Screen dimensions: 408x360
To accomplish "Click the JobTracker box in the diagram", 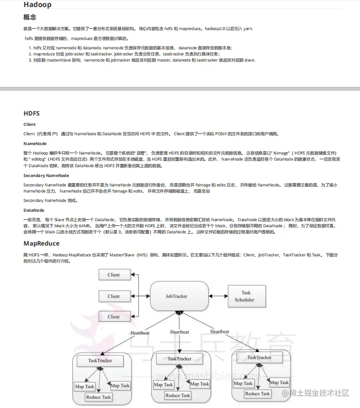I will [176, 296].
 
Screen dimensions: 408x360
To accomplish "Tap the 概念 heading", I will [30, 17].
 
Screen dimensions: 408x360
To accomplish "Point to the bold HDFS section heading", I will [31, 114].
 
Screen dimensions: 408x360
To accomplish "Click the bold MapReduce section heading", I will [41, 244].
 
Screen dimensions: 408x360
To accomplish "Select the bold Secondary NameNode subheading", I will [46, 175].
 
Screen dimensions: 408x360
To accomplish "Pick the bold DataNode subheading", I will [34, 210].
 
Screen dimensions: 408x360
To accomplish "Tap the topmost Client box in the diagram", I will [114, 275].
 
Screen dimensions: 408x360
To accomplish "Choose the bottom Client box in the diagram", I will [114, 317].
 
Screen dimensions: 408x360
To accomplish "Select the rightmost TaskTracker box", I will [259, 358].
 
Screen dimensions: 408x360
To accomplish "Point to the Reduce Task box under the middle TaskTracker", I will [178, 395].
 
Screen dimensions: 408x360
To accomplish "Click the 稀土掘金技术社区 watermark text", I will [319, 393].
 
